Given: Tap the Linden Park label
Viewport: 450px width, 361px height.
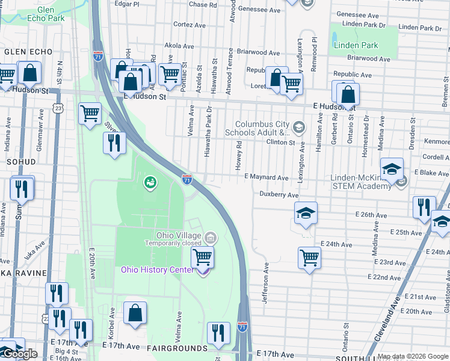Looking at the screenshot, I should tap(356, 45).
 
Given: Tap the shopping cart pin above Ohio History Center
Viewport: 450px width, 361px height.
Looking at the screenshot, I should tap(203, 257).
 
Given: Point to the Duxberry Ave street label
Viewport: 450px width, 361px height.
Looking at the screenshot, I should tap(279, 195).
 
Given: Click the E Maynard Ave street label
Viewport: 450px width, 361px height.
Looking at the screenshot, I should tap(267, 177).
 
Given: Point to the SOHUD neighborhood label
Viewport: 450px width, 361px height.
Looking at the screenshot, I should tap(21, 162).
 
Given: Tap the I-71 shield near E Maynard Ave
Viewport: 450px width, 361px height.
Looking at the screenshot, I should tap(187, 178).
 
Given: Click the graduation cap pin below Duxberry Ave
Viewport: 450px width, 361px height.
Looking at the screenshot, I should tap(306, 212).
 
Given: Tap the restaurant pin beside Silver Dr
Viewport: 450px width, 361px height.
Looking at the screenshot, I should tap(113, 143).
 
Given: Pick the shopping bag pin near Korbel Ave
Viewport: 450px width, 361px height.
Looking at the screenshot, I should tap(135, 312).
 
